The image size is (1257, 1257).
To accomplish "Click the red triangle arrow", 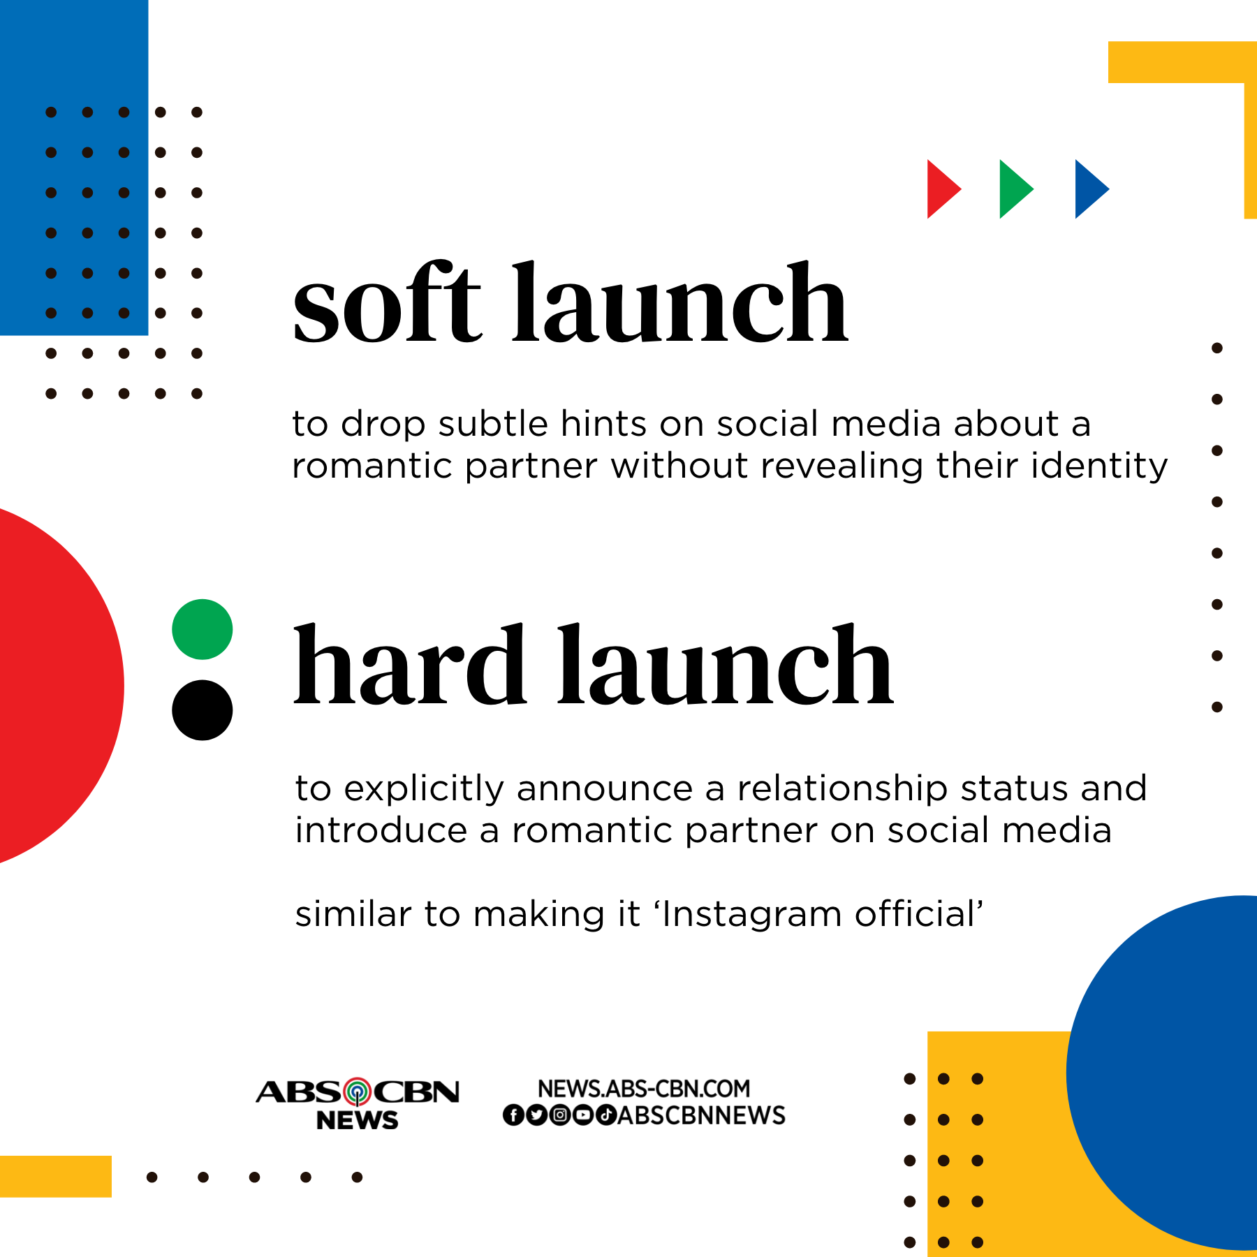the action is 941,189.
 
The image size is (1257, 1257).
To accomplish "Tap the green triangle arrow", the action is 1014,189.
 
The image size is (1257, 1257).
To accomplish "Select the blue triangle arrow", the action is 1089,189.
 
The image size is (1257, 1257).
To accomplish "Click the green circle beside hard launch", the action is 203,629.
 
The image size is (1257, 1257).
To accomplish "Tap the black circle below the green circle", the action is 203,710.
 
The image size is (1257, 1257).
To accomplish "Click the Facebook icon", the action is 513,1115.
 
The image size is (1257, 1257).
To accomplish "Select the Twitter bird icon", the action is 536,1115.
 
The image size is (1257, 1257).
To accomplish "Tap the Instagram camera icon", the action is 559,1115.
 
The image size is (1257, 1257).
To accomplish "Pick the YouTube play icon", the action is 582,1115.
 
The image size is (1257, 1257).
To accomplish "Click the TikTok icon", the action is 605,1115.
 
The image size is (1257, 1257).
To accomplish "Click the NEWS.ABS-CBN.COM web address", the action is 644,1088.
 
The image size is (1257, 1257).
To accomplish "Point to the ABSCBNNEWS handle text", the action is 701,1115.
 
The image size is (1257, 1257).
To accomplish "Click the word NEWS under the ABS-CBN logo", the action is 357,1120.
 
